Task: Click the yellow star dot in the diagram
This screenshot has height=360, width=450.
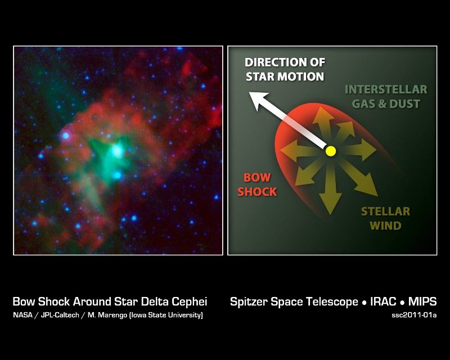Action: coord(331,151)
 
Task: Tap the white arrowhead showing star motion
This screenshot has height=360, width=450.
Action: coord(258,101)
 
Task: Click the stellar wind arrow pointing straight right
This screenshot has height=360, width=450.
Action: coord(359,150)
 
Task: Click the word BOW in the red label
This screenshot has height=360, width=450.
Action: coord(257,177)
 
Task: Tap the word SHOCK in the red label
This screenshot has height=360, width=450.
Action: coord(257,191)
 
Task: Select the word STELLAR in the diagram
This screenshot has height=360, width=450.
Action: coord(385,211)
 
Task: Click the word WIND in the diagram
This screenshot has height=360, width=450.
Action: coord(385,226)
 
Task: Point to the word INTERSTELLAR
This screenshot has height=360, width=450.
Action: coord(386,89)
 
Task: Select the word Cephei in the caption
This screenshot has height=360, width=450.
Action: coord(190,302)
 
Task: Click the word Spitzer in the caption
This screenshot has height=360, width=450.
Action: coord(249,302)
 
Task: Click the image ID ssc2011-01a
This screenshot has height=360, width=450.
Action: coord(414,315)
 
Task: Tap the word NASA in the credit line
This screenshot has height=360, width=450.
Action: coord(22,315)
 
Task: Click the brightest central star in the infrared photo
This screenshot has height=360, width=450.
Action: coord(117,150)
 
